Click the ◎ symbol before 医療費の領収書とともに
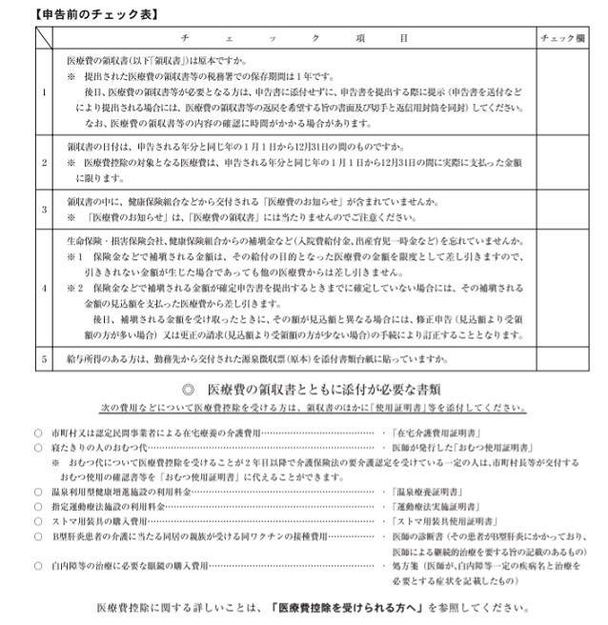click(x=188, y=390)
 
